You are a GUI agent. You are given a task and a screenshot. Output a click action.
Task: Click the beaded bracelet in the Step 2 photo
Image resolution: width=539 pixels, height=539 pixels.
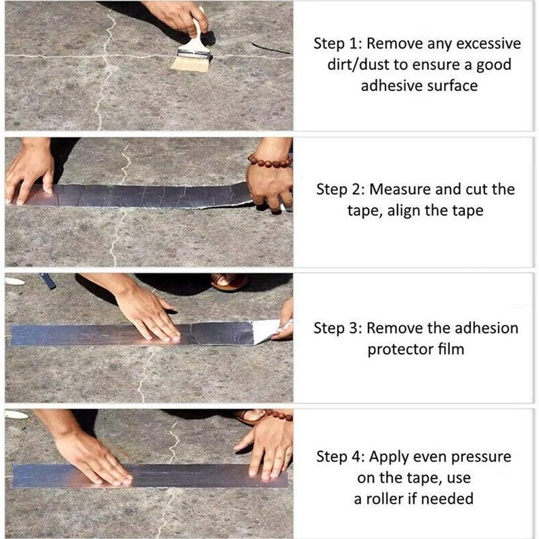[x=269, y=161]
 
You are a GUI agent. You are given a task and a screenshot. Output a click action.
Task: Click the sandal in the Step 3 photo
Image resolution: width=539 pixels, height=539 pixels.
[x=229, y=281]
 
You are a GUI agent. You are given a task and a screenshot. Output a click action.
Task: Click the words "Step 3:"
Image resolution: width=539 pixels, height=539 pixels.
[x=338, y=329]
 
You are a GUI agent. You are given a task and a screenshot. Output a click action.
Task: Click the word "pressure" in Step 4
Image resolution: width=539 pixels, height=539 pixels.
[x=480, y=457]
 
